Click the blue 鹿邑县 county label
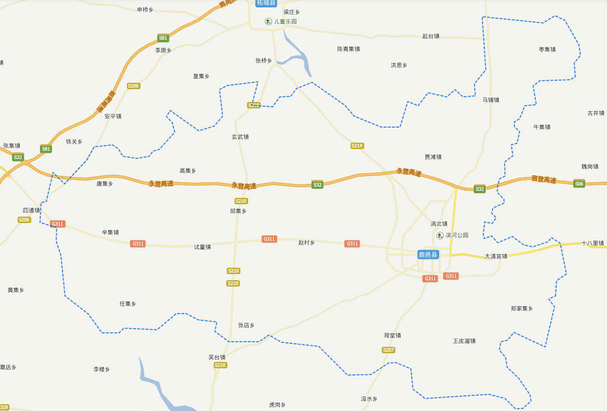[x=428, y=255]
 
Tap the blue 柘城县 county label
[x=266, y=3]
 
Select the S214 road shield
[x=357, y=146]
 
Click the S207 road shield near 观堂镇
[x=389, y=350]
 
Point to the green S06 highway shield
[x=579, y=184]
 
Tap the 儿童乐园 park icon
[x=268, y=21]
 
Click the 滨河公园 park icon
[x=440, y=235]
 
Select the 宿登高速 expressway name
[x=544, y=180]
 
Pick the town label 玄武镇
[x=240, y=137]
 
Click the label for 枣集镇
[x=547, y=49]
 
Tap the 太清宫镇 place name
[x=496, y=256]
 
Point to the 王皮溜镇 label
[x=464, y=341]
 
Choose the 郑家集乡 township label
[x=522, y=309]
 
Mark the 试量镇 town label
[x=202, y=247]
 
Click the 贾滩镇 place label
[x=433, y=157]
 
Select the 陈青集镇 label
[x=348, y=49]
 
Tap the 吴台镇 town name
[x=217, y=357]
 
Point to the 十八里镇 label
[x=592, y=243]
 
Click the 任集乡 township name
[x=127, y=304]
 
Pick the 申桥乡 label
[x=145, y=10]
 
